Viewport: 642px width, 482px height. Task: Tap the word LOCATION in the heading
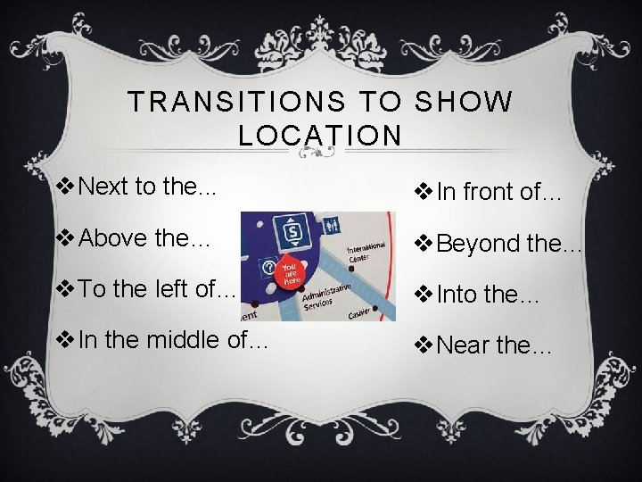pos(321,136)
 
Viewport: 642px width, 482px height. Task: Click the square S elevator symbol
pos(291,235)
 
